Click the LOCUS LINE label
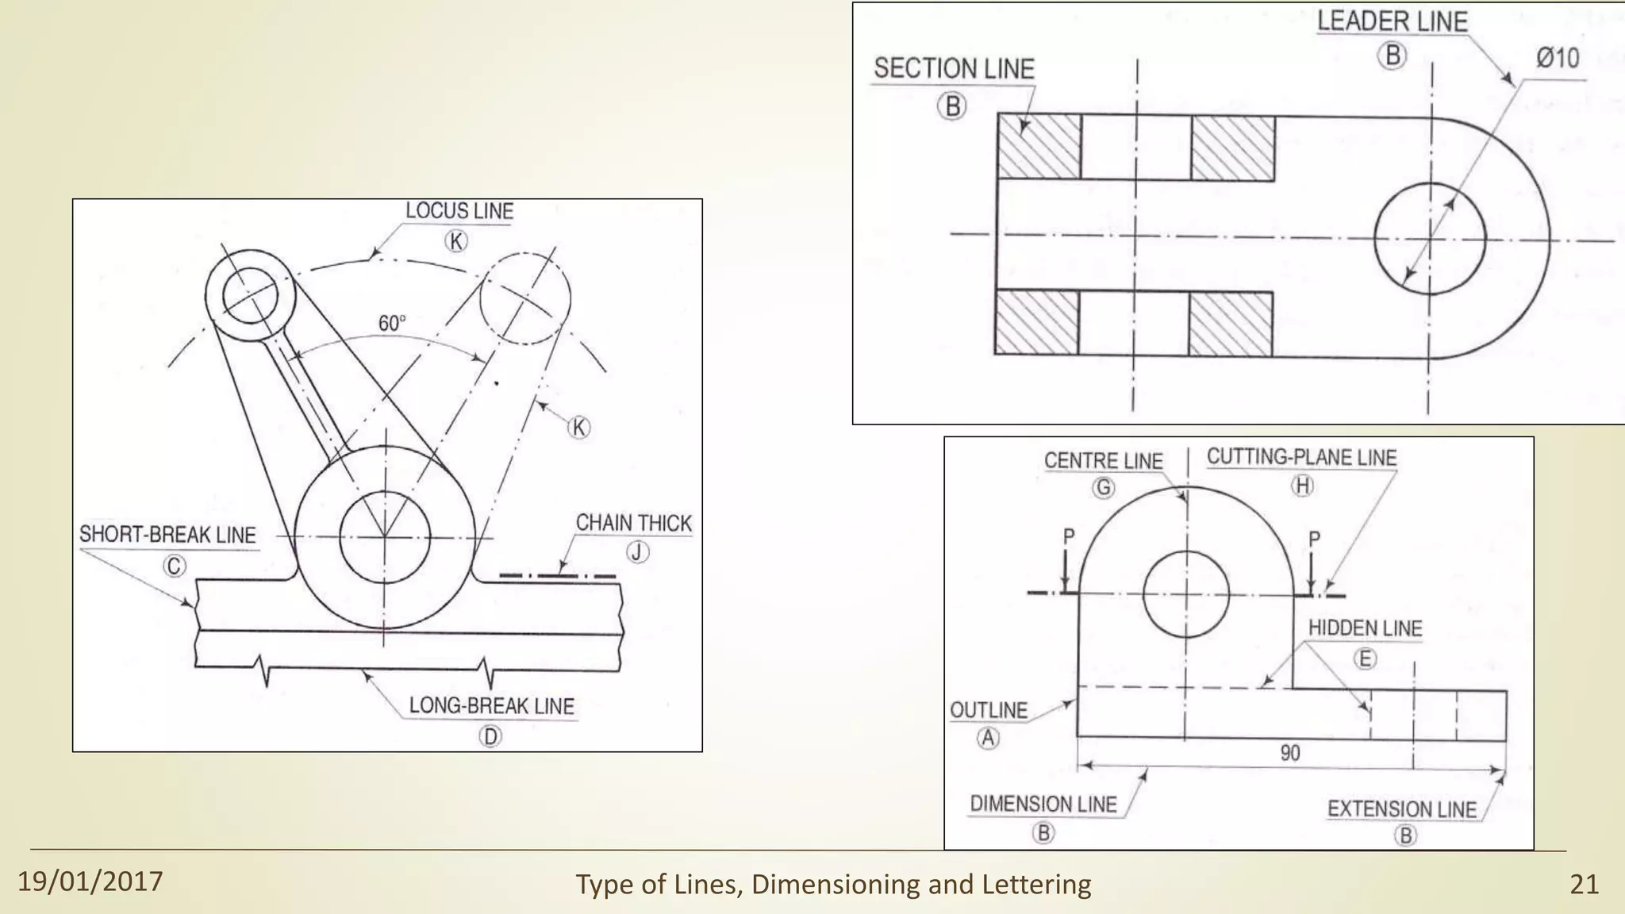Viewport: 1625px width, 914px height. pos(459,211)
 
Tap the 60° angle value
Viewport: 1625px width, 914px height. pos(391,324)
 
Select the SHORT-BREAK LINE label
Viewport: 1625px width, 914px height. pos(167,535)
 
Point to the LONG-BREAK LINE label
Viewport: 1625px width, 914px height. pos(491,706)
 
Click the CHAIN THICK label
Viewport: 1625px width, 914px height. pos(633,524)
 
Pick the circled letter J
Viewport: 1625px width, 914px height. pos(637,552)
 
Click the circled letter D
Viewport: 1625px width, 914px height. pos(490,737)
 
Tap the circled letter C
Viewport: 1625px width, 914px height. pos(174,566)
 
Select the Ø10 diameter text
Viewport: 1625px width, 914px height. pos(1557,58)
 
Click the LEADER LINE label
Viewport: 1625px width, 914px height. pos(1393,21)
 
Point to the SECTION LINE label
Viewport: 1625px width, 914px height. pos(954,69)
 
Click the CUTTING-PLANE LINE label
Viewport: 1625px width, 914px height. pos(1301,458)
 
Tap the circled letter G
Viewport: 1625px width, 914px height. pos(1104,487)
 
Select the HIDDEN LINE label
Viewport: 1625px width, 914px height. pos(1365,628)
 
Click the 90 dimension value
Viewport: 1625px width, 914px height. pos(1290,753)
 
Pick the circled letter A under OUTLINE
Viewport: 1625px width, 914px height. pos(988,739)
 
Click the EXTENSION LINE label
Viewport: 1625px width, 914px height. pos(1402,809)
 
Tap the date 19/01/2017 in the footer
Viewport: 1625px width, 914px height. pos(90,881)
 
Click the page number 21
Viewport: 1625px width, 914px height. pos(1584,884)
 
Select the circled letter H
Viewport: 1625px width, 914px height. pos(1303,486)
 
